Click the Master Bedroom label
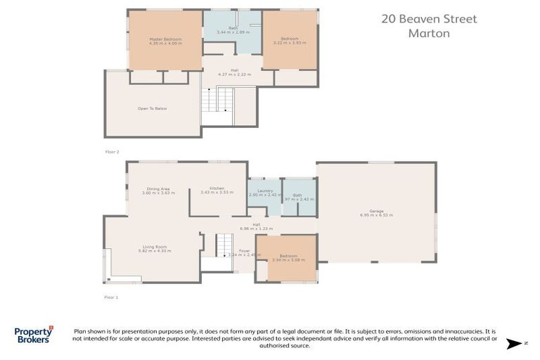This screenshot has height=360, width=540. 165,41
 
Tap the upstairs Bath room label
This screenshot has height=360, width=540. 232,30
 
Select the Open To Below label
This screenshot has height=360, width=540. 152,108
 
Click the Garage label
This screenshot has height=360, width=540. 376,213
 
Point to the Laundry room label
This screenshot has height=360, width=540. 264,192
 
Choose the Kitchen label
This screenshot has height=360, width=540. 217,190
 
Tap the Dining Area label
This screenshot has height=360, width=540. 158,190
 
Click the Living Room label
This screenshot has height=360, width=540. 155,248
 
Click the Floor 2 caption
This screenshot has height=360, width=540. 112,152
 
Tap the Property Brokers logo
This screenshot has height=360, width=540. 33,335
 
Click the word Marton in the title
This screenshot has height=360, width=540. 428,33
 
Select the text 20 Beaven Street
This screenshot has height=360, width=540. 429,19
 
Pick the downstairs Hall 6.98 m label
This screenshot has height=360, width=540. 257,226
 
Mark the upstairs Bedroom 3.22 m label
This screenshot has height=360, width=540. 290,41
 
